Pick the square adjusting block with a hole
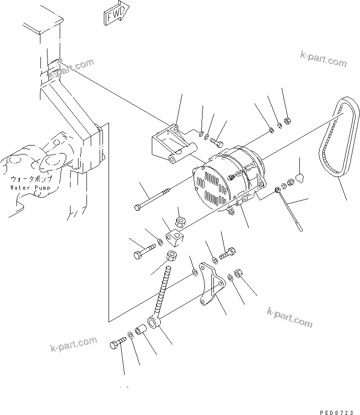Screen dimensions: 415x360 [177, 237]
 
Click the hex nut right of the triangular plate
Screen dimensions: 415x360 [237, 273]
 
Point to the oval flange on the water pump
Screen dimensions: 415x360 [53, 158]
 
